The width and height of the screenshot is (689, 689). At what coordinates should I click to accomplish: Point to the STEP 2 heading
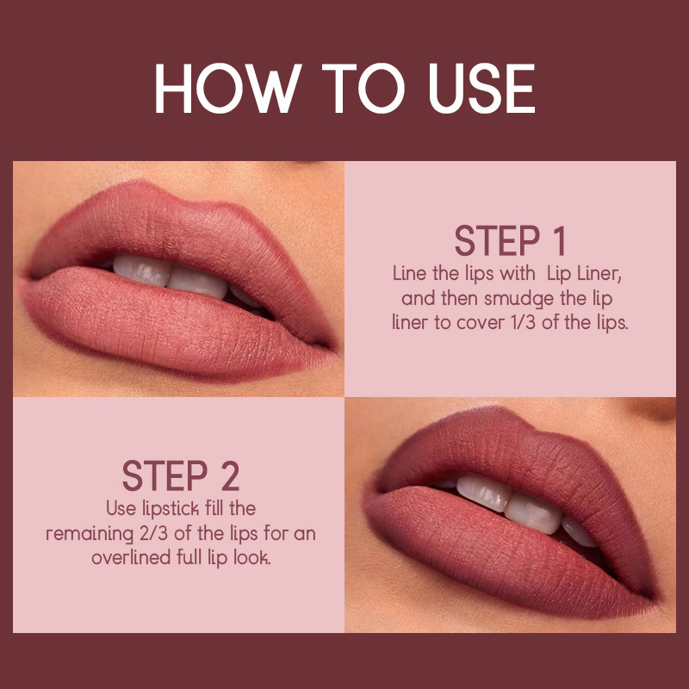pos(181,476)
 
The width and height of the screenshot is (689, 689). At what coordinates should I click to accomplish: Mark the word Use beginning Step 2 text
pos(121,509)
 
